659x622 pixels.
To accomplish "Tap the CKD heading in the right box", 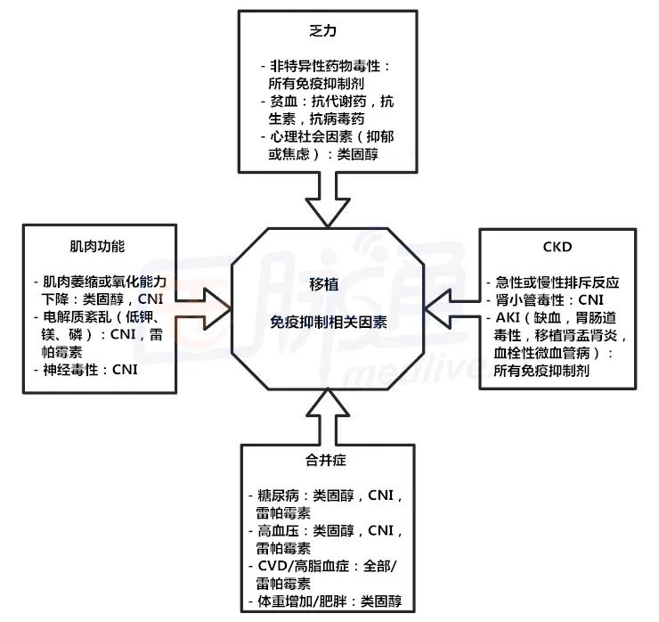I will pyautogui.click(x=557, y=247).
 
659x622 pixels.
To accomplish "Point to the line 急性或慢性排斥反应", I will pyautogui.click(x=557, y=282).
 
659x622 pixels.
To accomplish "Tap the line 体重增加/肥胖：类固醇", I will pyautogui.click(x=329, y=602).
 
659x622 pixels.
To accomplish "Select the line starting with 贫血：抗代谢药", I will pyautogui.click(x=329, y=102).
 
